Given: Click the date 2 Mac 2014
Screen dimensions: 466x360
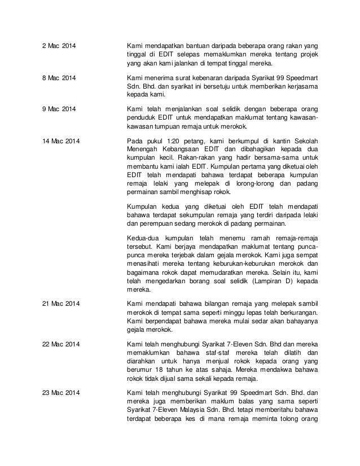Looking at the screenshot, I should click(61, 45).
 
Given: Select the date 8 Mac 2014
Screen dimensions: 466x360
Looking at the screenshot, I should click(61, 77).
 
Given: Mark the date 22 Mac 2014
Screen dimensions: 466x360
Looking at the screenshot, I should click(63, 344).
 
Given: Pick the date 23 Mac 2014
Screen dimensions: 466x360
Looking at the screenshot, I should click(63, 384).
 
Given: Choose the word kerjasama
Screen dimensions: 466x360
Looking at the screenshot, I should click(301, 86).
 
